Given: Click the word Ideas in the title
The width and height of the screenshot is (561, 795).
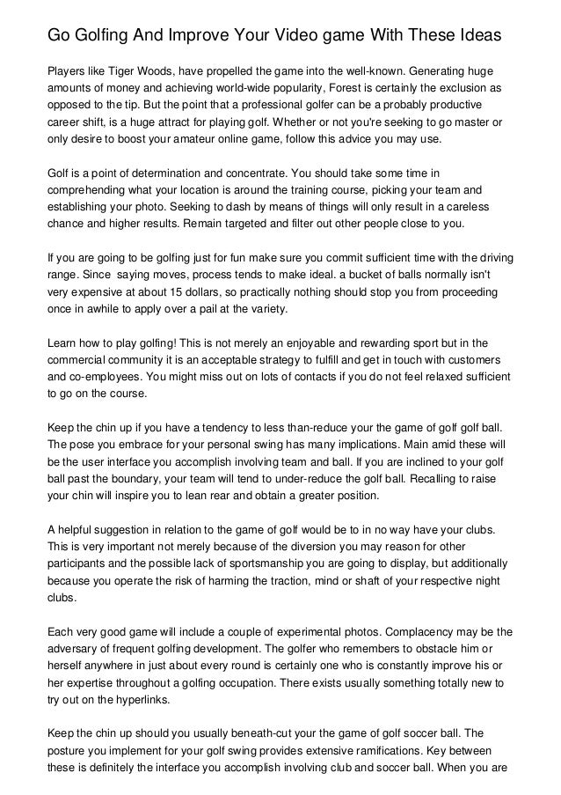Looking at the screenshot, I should coord(479,36).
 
